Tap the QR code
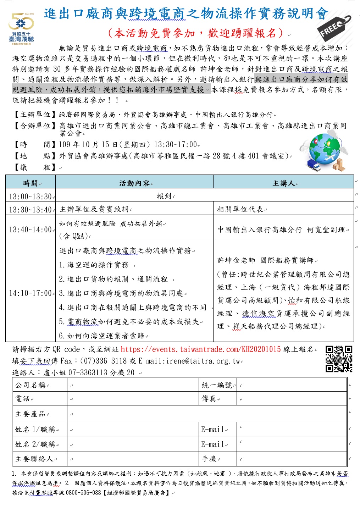click(339, 359)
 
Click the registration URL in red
click(201, 349)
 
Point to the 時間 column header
click(31, 183)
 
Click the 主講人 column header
click(283, 183)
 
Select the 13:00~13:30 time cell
click(31, 196)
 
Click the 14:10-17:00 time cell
click(31, 293)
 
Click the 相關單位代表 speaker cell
click(240, 209)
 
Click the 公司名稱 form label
click(31, 385)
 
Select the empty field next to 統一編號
click(292, 385)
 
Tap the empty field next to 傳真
click(292, 399)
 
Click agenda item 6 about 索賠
click(103, 336)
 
